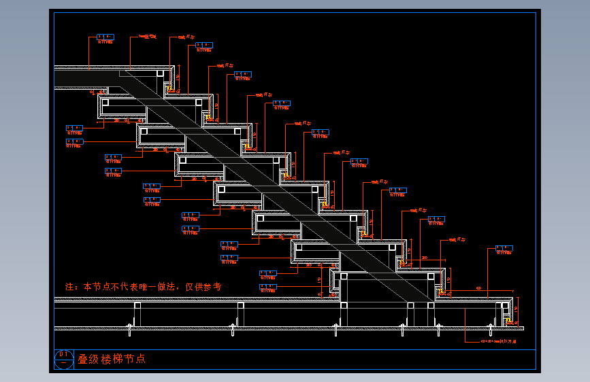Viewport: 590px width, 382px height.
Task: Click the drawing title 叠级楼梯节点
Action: coord(112,359)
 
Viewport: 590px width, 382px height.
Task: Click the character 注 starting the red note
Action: coord(69,287)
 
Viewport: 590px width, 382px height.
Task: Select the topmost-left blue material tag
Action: coord(105,37)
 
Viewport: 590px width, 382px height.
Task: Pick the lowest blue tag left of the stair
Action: coord(268,274)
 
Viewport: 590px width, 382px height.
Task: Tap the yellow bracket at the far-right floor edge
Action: coord(508,318)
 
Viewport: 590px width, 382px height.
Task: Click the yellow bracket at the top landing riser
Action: coord(169,88)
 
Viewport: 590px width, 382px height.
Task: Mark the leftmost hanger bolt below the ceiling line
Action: coord(130,330)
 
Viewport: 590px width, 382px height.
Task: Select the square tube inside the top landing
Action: coord(161,73)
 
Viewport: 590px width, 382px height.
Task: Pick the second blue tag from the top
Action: coord(204,46)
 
